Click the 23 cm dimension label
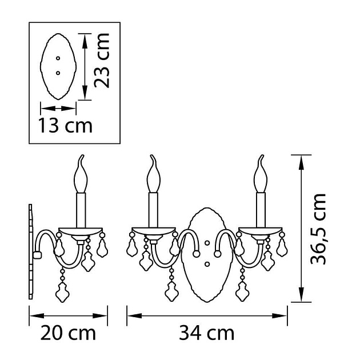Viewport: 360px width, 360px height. (x=102, y=61)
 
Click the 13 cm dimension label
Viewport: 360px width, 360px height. (x=66, y=125)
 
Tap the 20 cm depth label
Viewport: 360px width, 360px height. (x=68, y=333)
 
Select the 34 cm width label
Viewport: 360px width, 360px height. (x=207, y=333)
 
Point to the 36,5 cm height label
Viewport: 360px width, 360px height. (x=318, y=229)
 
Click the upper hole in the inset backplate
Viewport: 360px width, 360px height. (x=58, y=58)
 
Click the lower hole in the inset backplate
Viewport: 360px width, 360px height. (x=58, y=73)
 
